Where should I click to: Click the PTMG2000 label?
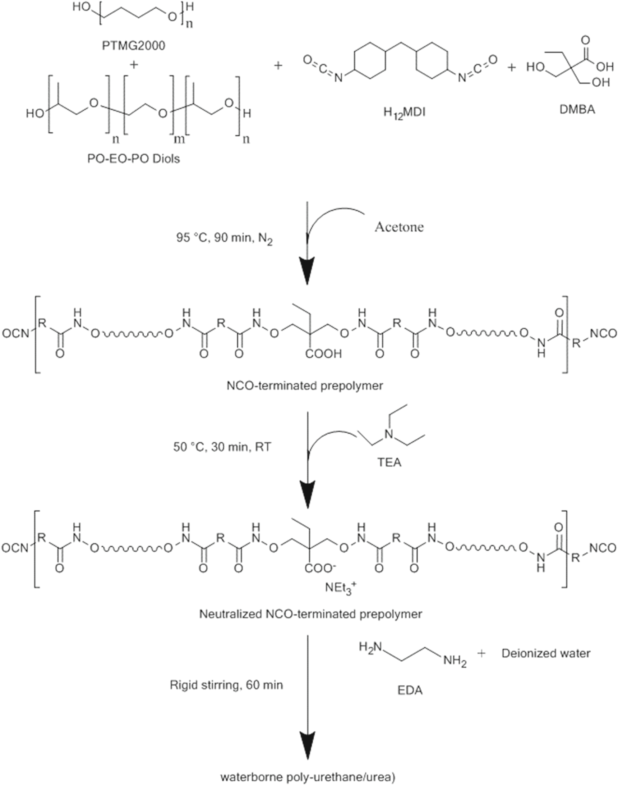pos(134,46)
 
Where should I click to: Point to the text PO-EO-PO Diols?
pos(134,159)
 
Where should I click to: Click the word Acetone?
pos(399,227)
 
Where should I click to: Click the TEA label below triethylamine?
pos(390,463)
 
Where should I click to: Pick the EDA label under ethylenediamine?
pos(410,690)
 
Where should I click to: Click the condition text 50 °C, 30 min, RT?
pos(222,447)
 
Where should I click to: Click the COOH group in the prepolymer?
pos(323,354)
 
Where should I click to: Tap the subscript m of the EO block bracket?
pos(179,140)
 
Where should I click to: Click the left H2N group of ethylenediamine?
pos(370,647)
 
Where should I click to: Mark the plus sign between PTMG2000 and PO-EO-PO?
pos(134,65)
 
